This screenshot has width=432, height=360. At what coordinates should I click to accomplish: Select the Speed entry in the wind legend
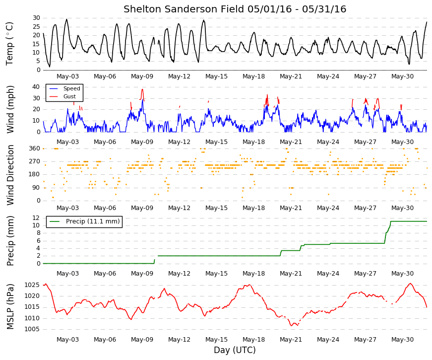(x=71, y=88)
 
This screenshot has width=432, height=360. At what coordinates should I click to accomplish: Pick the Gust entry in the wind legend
(x=69, y=96)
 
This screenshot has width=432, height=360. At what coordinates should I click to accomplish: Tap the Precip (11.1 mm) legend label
(x=93, y=221)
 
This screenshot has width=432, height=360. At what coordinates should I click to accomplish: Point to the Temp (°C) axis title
(x=9, y=44)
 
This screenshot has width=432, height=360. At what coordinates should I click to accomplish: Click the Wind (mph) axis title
(x=10, y=110)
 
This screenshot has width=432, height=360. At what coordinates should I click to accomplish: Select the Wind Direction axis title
(x=10, y=175)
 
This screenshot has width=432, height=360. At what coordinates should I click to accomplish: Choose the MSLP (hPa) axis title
(x=10, y=306)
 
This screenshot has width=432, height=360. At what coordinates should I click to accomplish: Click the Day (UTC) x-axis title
(x=235, y=350)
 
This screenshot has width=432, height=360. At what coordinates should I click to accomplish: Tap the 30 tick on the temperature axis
(x=36, y=18)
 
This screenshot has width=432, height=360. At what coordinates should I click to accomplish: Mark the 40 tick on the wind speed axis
(x=36, y=87)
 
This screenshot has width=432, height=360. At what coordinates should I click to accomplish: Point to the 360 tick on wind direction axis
(x=35, y=148)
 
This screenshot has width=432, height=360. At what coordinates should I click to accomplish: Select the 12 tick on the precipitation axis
(x=36, y=218)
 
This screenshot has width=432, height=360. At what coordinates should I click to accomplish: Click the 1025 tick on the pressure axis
(x=32, y=285)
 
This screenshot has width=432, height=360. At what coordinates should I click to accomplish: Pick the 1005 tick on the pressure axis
(x=32, y=329)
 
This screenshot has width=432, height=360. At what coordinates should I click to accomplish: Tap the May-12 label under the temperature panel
(x=179, y=76)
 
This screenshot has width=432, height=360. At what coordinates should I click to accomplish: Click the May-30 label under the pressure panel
(x=402, y=340)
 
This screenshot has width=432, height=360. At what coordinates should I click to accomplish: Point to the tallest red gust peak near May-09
(x=142, y=89)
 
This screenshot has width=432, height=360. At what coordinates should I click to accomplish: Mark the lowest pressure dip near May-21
(x=292, y=326)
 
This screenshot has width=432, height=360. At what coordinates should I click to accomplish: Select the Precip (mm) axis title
(x=10, y=241)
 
